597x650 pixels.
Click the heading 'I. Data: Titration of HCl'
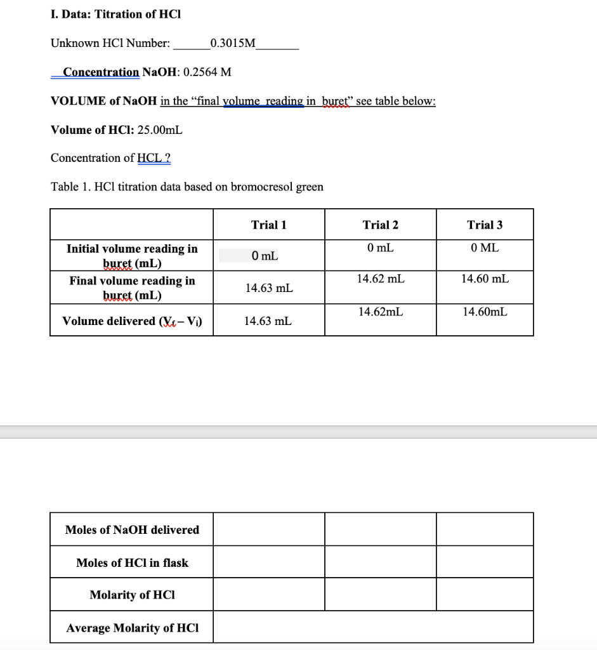[115, 14]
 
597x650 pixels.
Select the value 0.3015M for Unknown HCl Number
[233, 43]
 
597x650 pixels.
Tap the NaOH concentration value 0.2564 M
[207, 72]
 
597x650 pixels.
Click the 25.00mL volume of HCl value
[160, 129]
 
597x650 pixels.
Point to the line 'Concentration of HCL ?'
[110, 157]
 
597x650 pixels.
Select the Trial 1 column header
[269, 225]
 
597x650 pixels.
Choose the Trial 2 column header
[381, 225]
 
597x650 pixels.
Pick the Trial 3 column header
[485, 225]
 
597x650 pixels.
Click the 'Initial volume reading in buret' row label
[132, 256]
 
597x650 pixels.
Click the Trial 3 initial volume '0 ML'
[485, 248]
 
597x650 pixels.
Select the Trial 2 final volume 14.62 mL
[381, 279]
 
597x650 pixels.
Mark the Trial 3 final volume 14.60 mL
[485, 279]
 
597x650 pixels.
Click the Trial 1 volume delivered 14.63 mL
[268, 321]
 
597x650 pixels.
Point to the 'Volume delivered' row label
[131, 321]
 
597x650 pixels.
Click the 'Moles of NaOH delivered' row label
[132, 529]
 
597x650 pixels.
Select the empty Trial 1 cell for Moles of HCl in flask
[269, 562]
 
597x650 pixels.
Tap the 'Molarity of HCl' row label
[132, 595]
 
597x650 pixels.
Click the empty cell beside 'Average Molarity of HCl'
[373, 627]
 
